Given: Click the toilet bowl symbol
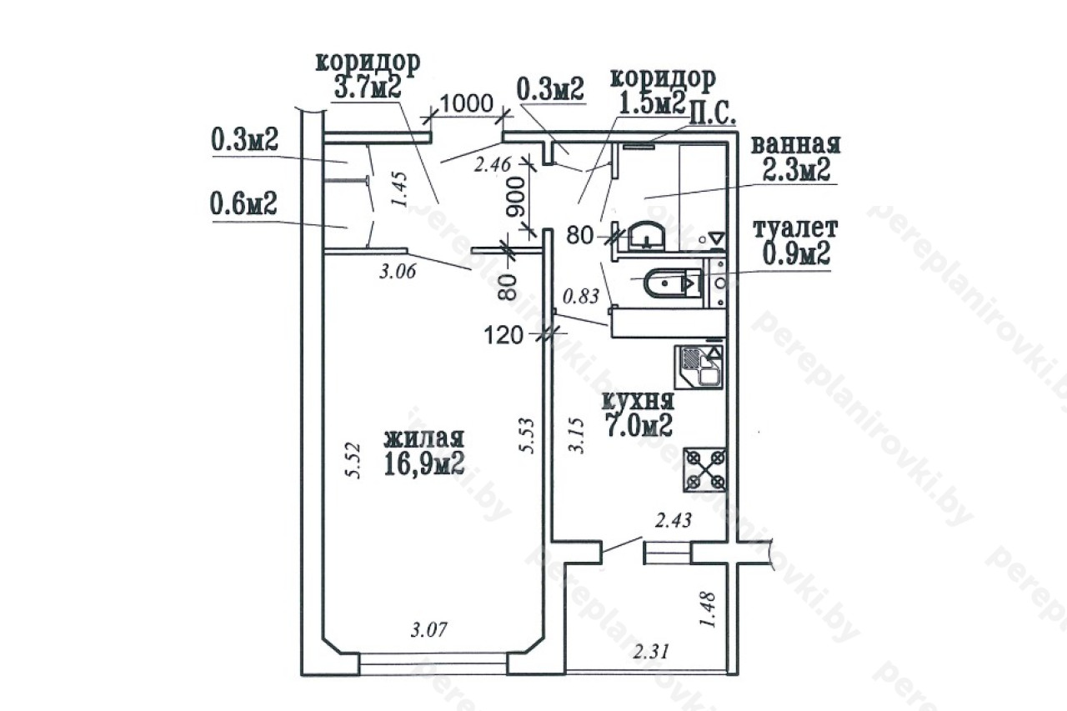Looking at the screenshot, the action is [672, 284].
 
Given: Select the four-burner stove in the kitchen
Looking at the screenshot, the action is [705, 469].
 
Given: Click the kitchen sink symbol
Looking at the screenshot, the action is [699, 367].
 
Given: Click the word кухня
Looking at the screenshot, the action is [639, 401].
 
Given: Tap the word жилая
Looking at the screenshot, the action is [424, 438].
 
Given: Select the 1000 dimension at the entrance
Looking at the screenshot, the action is [466, 104].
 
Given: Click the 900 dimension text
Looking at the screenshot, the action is [516, 198].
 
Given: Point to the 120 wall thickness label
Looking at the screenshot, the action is [503, 335].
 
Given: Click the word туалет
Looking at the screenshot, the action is [795, 228].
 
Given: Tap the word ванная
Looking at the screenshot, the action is [795, 145].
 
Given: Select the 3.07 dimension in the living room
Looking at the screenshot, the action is [429, 629].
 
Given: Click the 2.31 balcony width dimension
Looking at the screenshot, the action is [651, 652].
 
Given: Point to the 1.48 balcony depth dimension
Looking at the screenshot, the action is [709, 609].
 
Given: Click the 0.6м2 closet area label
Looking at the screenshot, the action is [243, 204].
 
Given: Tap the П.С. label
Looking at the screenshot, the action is [713, 118].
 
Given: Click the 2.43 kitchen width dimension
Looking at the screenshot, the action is [673, 520].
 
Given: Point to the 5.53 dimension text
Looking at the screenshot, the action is [527, 436].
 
